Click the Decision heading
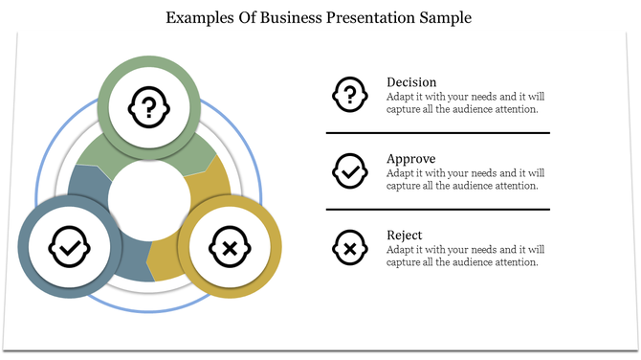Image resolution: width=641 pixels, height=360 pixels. tap(411, 82)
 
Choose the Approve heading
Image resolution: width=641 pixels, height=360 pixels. tap(411, 159)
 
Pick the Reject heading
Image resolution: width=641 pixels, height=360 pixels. tap(405, 236)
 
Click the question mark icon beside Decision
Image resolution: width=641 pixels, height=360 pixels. tap(349, 94)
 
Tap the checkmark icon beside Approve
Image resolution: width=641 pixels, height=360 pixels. tap(349, 170)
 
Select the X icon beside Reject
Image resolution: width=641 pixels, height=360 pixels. tap(349, 248)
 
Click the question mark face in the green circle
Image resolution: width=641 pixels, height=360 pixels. tap(149, 104)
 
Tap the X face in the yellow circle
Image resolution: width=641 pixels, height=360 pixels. tap(231, 249)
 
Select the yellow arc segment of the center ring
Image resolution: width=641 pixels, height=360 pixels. tap(214, 191)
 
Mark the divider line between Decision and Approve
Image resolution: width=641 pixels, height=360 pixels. tap(438, 132)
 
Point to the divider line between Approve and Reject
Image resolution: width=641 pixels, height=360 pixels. tap(438, 209)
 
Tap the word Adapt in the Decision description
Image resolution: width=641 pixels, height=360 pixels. tap(402, 97)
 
